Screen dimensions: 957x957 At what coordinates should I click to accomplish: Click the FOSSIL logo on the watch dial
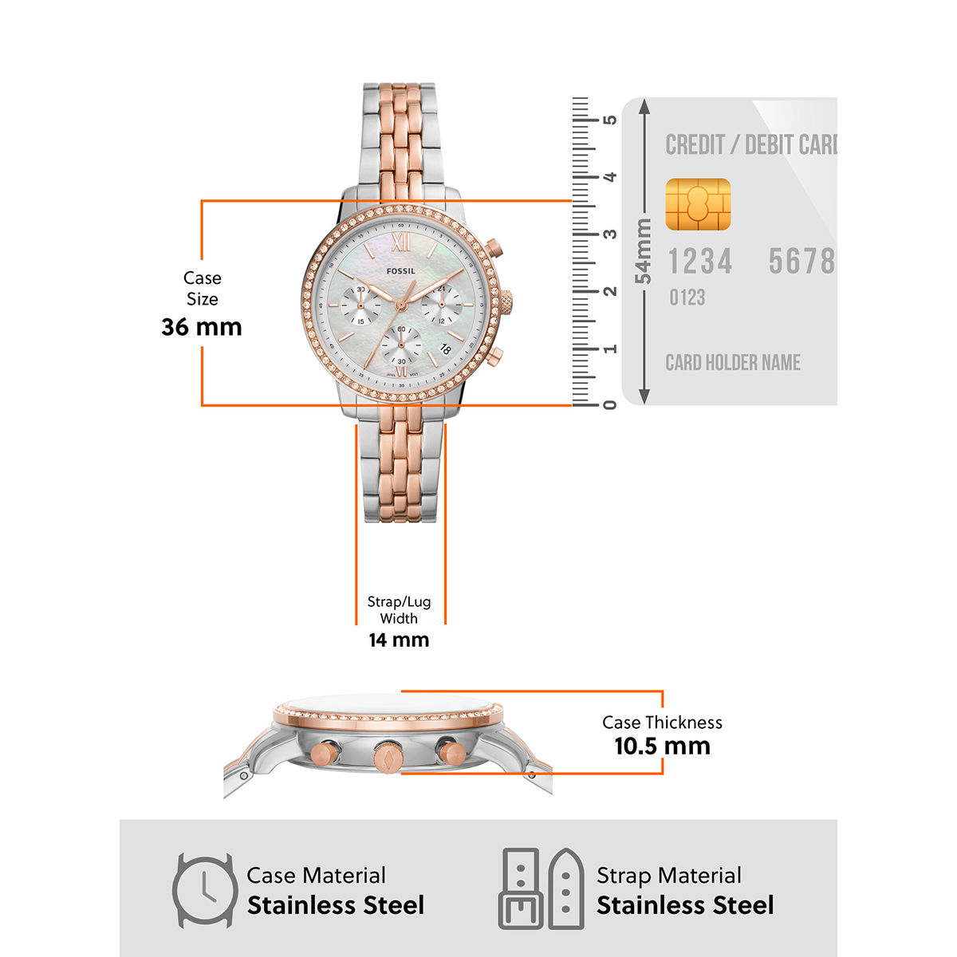pyautogui.click(x=401, y=271)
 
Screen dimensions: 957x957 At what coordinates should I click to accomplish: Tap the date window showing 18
pyautogui.click(x=445, y=349)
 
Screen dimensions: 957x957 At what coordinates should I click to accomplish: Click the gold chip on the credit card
pyautogui.click(x=698, y=205)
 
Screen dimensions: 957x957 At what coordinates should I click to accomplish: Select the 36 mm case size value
pyautogui.click(x=201, y=327)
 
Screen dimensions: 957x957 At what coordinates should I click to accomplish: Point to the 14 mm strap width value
pyautogui.click(x=399, y=640)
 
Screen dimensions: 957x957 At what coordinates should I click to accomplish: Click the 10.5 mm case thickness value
pyautogui.click(x=662, y=746)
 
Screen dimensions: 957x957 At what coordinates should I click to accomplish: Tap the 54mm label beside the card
pyautogui.click(x=644, y=251)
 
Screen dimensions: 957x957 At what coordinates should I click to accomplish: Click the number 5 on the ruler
pyautogui.click(x=610, y=120)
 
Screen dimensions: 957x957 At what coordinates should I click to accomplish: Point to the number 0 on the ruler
pyautogui.click(x=610, y=404)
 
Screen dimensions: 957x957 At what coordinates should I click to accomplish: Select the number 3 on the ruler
pyautogui.click(x=610, y=234)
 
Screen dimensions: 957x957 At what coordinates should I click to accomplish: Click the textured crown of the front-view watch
pyautogui.click(x=506, y=303)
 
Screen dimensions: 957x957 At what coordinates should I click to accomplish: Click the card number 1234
pyautogui.click(x=699, y=262)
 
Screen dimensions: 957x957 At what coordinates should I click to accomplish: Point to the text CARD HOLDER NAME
pyautogui.click(x=733, y=363)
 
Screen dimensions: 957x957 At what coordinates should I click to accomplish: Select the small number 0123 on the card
pyautogui.click(x=687, y=297)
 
